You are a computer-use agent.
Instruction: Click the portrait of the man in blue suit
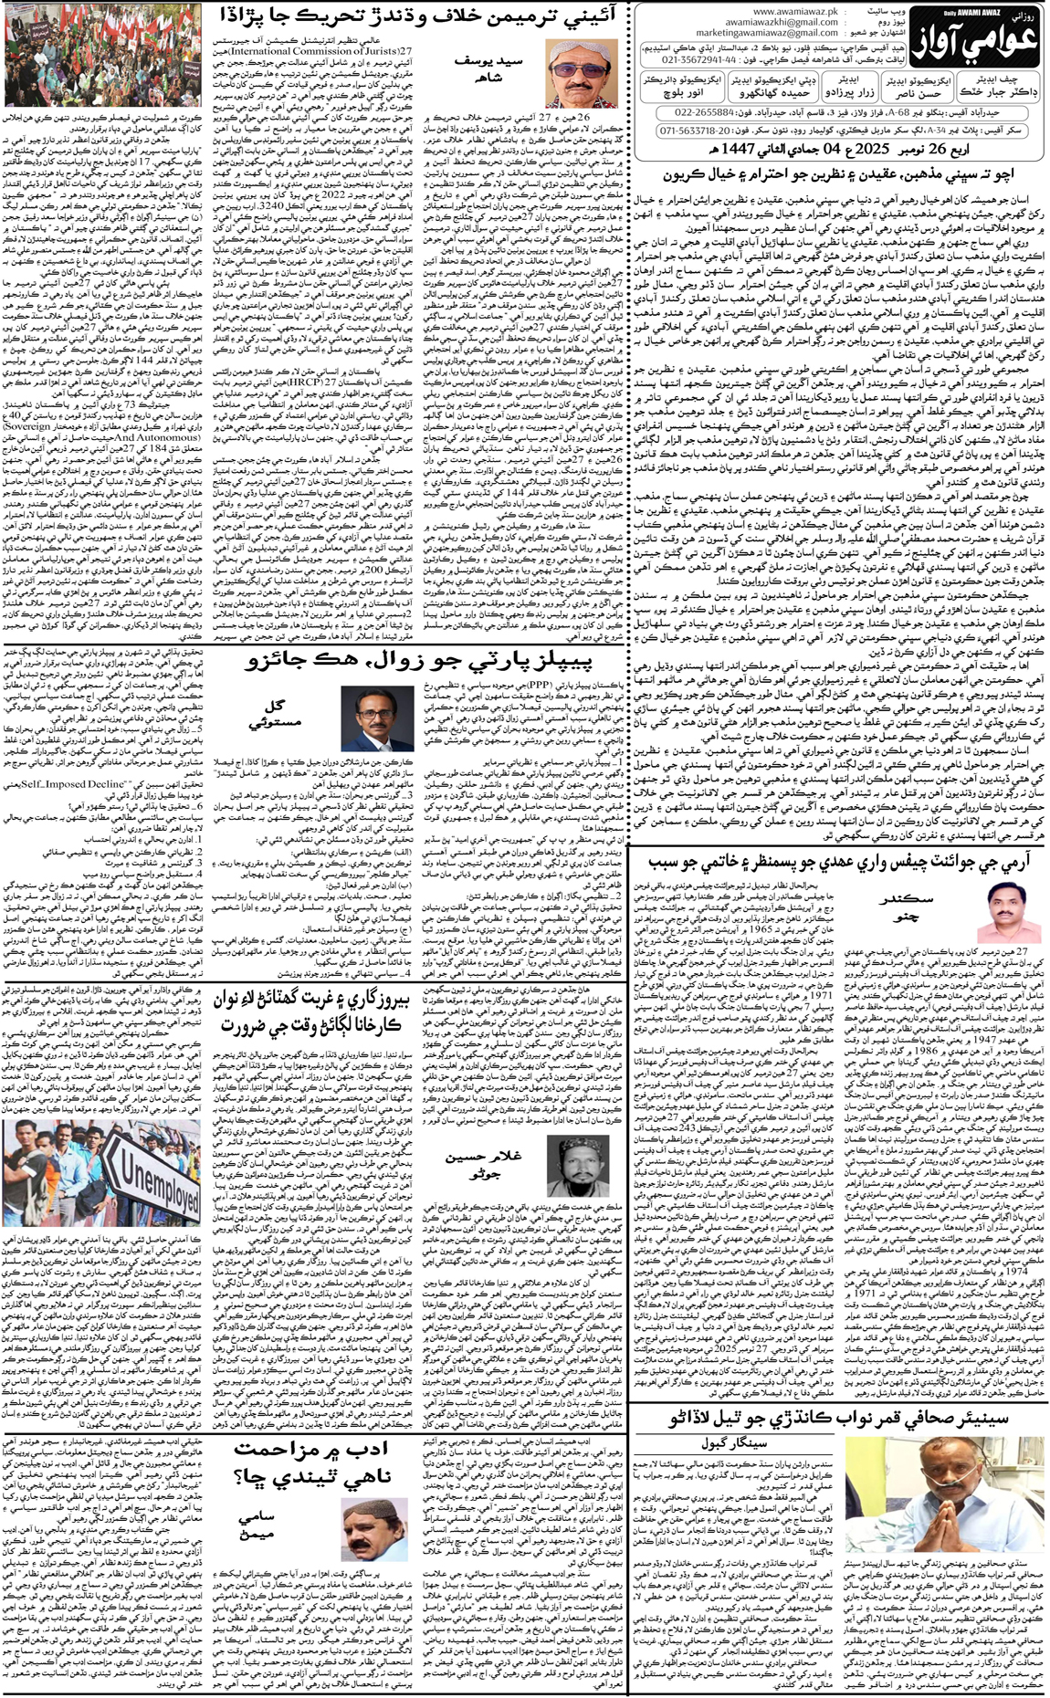coord(376,718)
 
